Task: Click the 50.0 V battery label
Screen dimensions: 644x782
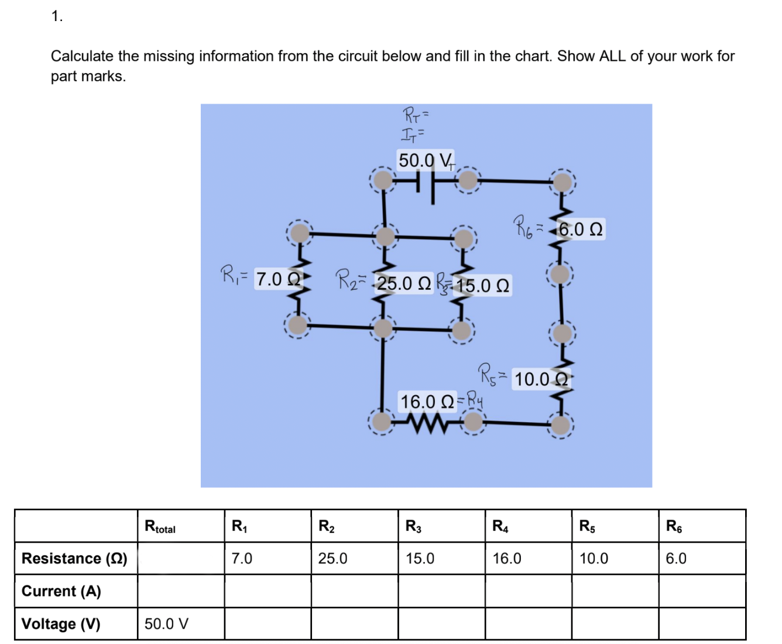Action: (x=425, y=160)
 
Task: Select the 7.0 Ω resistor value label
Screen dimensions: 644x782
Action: (x=278, y=279)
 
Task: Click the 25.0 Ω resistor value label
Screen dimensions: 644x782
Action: (x=403, y=283)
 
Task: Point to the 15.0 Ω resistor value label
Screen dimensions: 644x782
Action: (x=482, y=286)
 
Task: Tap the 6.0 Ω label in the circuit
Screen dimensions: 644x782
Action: (x=579, y=229)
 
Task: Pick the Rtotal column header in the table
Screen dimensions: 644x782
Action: (x=160, y=526)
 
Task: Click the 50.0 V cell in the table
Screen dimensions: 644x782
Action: (x=167, y=624)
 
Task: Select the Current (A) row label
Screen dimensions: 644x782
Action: (x=61, y=591)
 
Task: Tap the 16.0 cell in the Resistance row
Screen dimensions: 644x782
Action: (x=507, y=559)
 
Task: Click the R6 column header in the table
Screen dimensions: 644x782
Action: (x=674, y=526)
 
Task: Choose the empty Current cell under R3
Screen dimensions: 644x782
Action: (x=441, y=591)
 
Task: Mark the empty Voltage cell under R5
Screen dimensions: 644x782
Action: (x=615, y=624)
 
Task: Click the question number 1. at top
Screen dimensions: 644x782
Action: (x=57, y=17)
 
